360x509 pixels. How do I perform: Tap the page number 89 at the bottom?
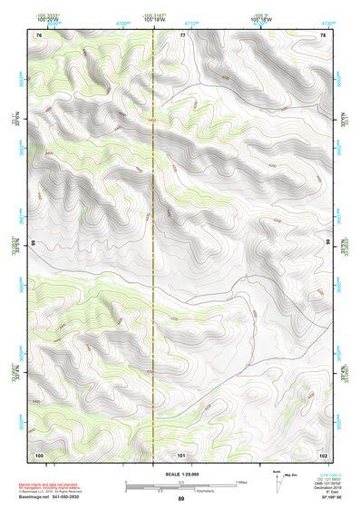point(180,499)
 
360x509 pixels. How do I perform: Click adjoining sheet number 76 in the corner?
point(40,34)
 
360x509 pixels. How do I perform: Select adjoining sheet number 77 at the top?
point(182,34)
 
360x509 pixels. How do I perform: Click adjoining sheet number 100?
point(39,454)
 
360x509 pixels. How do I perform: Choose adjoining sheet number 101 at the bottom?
point(181,454)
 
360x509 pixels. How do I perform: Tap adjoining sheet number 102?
point(322,454)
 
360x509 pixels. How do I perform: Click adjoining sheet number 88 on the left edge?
point(34,243)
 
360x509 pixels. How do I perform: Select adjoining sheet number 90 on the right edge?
point(327,243)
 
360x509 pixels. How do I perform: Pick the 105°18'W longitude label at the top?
point(257,19)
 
